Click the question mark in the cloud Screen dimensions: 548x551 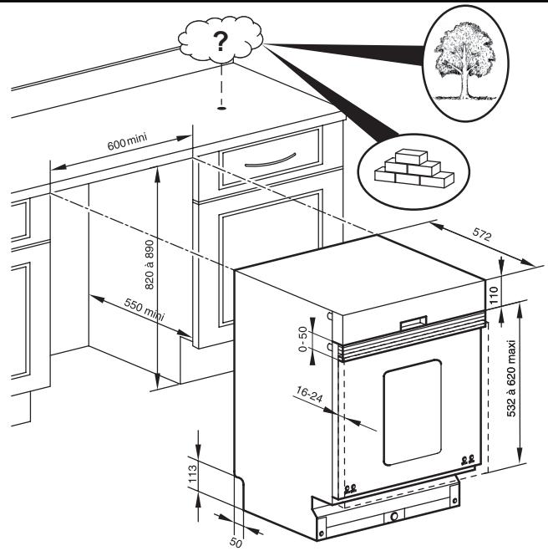click(x=221, y=42)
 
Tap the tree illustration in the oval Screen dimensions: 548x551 click(x=464, y=62)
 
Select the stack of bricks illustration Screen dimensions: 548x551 click(x=414, y=168)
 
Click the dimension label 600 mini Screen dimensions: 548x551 click(x=127, y=141)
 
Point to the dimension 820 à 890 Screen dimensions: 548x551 click(x=150, y=264)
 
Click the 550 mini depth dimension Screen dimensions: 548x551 click(x=144, y=309)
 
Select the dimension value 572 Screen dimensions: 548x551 click(x=481, y=234)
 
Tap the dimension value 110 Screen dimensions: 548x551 click(x=494, y=295)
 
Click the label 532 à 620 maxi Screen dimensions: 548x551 click(x=511, y=378)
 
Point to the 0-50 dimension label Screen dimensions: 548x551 click(x=302, y=339)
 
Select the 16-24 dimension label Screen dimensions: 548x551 click(x=309, y=394)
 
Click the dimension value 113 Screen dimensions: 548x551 click(x=193, y=473)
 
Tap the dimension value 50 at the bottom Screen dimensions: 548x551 click(x=236, y=543)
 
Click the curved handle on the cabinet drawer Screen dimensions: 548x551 click(x=271, y=161)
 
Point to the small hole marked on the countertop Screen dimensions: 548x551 click(x=221, y=108)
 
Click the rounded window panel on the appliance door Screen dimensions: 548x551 click(x=412, y=412)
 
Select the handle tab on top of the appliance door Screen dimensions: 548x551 click(x=414, y=323)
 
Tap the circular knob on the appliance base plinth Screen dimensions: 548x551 click(x=394, y=517)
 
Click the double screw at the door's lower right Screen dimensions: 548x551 click(x=468, y=458)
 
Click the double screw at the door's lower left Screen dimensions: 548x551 click(x=350, y=487)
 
